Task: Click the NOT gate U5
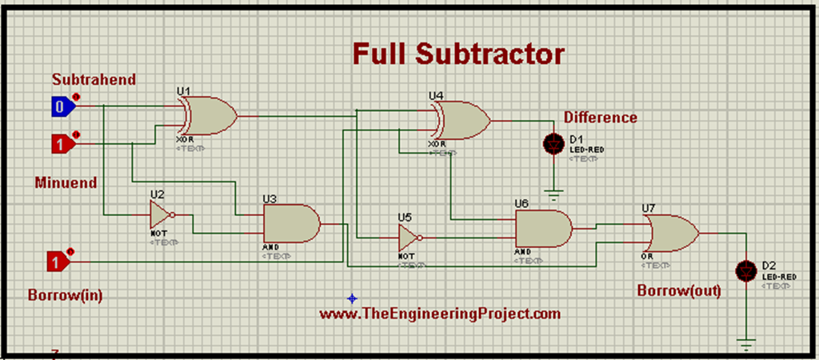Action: [x=409, y=237]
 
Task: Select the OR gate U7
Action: [x=670, y=233]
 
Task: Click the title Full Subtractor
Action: [x=459, y=54]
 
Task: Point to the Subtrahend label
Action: [x=94, y=79]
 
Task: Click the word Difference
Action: [x=600, y=118]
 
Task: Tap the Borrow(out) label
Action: [x=678, y=290]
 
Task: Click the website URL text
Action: [x=440, y=314]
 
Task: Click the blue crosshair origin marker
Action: [x=352, y=298]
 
